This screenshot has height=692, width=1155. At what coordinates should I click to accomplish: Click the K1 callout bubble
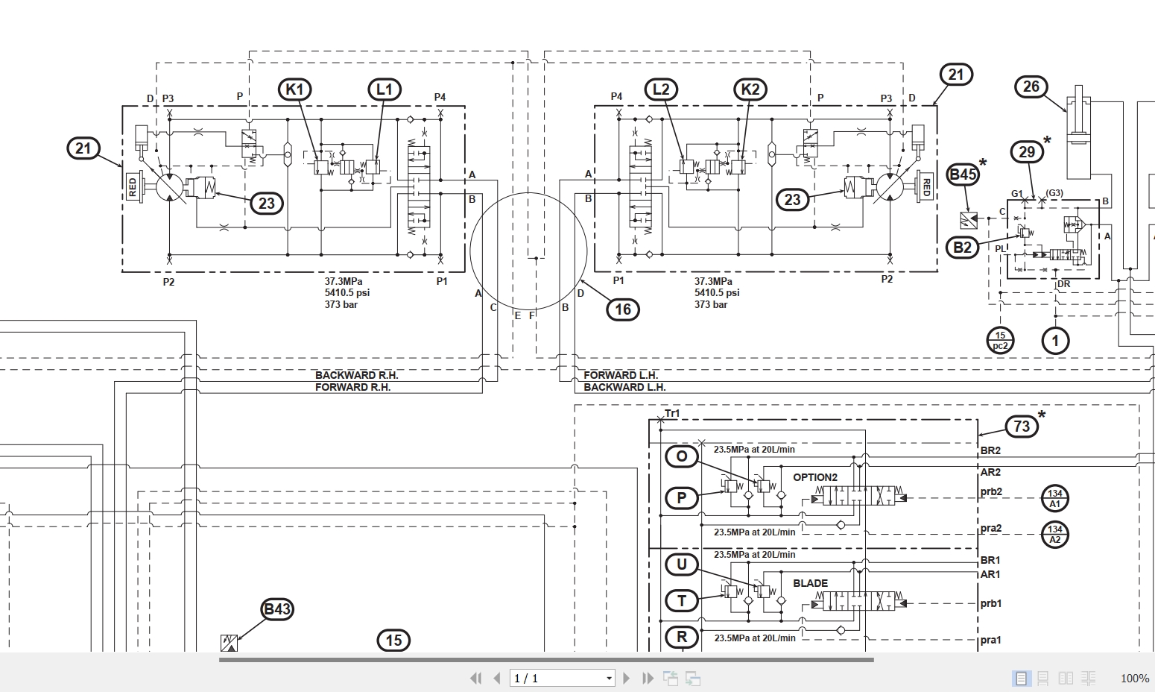[x=295, y=89]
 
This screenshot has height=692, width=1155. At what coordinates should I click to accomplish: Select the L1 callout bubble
[x=384, y=89]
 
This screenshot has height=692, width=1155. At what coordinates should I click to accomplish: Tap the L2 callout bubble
[x=661, y=89]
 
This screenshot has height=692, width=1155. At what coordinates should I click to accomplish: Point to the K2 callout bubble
[x=750, y=89]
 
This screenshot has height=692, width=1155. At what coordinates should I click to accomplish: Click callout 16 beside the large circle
[x=623, y=309]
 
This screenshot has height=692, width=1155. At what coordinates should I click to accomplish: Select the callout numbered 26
[x=1031, y=86]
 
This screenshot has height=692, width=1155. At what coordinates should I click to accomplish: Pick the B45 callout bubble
[x=962, y=175]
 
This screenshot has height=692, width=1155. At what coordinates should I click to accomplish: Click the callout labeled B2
[x=963, y=248]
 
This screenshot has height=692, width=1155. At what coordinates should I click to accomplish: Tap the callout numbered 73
[x=1022, y=426]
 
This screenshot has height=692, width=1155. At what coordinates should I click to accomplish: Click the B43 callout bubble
[x=276, y=609]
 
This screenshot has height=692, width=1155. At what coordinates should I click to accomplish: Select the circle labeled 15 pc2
[x=1000, y=340]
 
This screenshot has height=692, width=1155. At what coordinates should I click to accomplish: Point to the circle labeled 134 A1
[x=1054, y=498]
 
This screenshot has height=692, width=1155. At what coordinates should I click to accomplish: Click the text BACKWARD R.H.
[x=356, y=375]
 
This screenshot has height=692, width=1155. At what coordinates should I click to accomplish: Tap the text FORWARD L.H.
[x=621, y=375]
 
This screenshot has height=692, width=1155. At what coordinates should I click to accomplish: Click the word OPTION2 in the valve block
[x=815, y=477]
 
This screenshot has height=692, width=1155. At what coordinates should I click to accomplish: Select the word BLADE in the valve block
[x=810, y=583]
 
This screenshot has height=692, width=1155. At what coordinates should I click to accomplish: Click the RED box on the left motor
[x=133, y=186]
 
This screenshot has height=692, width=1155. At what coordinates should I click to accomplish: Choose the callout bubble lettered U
[x=681, y=564]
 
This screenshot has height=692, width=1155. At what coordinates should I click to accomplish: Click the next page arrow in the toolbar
[x=627, y=678]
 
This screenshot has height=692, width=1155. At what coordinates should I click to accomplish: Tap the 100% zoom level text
[x=1134, y=678]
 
